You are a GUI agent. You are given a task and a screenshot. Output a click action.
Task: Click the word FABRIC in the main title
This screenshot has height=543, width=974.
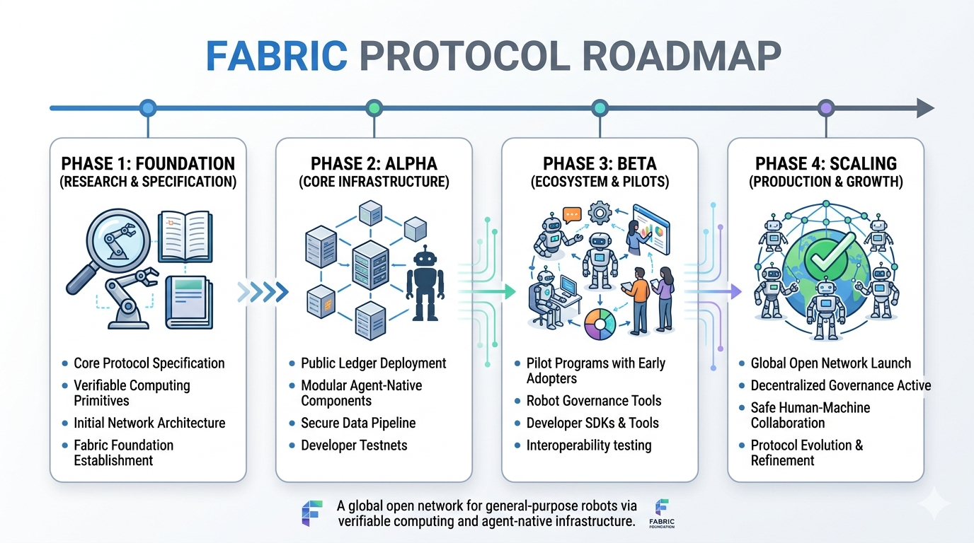coord(277,57)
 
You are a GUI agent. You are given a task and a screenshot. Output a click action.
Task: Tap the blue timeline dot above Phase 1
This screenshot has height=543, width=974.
coord(147,108)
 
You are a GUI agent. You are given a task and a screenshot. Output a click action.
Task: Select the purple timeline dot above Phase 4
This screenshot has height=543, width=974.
coord(825,108)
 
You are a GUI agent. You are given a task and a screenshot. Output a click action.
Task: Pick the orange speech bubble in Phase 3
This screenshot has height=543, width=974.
coord(571,214)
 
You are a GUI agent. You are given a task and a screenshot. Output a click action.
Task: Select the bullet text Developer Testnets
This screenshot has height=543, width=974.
coord(354,445)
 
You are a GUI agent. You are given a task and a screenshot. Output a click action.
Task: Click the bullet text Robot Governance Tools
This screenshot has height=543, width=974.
coord(593,401)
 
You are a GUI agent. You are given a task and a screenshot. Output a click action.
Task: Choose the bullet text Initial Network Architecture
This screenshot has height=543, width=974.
coord(149,423)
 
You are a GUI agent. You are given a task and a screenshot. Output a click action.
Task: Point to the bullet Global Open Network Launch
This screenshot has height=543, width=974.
coord(830,363)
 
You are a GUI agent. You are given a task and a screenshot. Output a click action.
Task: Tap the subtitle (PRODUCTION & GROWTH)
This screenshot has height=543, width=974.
coord(825,182)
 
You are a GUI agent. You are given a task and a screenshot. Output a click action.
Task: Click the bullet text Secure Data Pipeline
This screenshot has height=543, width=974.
coord(358,423)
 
